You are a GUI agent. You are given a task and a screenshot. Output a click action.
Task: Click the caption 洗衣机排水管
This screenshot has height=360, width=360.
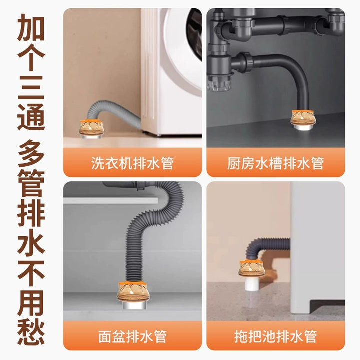(x=132, y=163)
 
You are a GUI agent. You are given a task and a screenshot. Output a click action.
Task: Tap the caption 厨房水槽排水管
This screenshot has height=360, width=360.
(x=275, y=163)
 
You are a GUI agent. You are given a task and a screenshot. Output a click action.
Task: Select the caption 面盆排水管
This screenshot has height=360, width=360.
(x=132, y=336)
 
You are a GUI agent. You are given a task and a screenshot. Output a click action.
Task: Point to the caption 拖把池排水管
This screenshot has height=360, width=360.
(x=275, y=336)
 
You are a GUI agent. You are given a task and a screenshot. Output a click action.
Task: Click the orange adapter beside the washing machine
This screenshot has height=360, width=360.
(x=90, y=128)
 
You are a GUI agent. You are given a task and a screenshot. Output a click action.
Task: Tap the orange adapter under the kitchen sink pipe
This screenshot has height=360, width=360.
(x=303, y=118)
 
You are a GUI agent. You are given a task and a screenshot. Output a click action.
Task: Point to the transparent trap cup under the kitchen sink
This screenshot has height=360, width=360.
(x=220, y=83)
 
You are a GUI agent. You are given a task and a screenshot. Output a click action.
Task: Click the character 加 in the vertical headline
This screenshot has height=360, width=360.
(x=31, y=27)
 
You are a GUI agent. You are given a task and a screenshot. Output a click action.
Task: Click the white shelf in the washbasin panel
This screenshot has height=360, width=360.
(x=111, y=200)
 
